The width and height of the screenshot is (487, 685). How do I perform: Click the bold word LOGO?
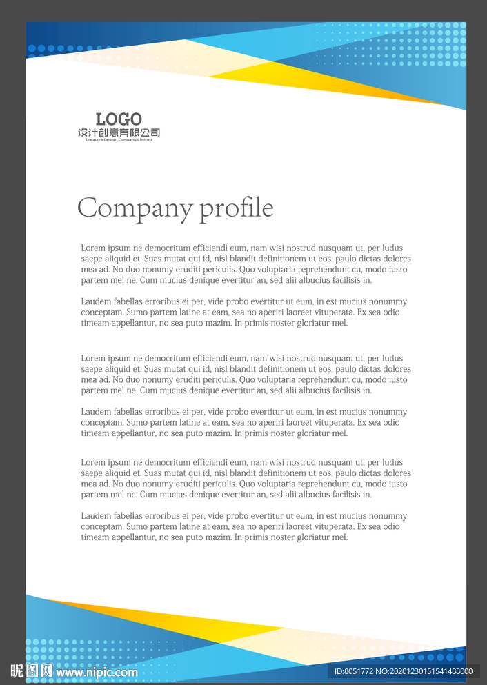coord(119,119)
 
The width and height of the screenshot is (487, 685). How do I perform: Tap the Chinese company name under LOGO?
coord(119,132)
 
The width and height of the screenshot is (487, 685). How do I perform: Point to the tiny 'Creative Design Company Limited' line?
coord(119,140)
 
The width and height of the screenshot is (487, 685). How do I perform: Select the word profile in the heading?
coord(237,208)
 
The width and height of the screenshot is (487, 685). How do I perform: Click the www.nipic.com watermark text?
coord(97,672)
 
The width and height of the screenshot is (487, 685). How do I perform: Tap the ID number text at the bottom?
coord(403,671)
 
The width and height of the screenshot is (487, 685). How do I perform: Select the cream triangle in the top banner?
coord(172,55)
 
